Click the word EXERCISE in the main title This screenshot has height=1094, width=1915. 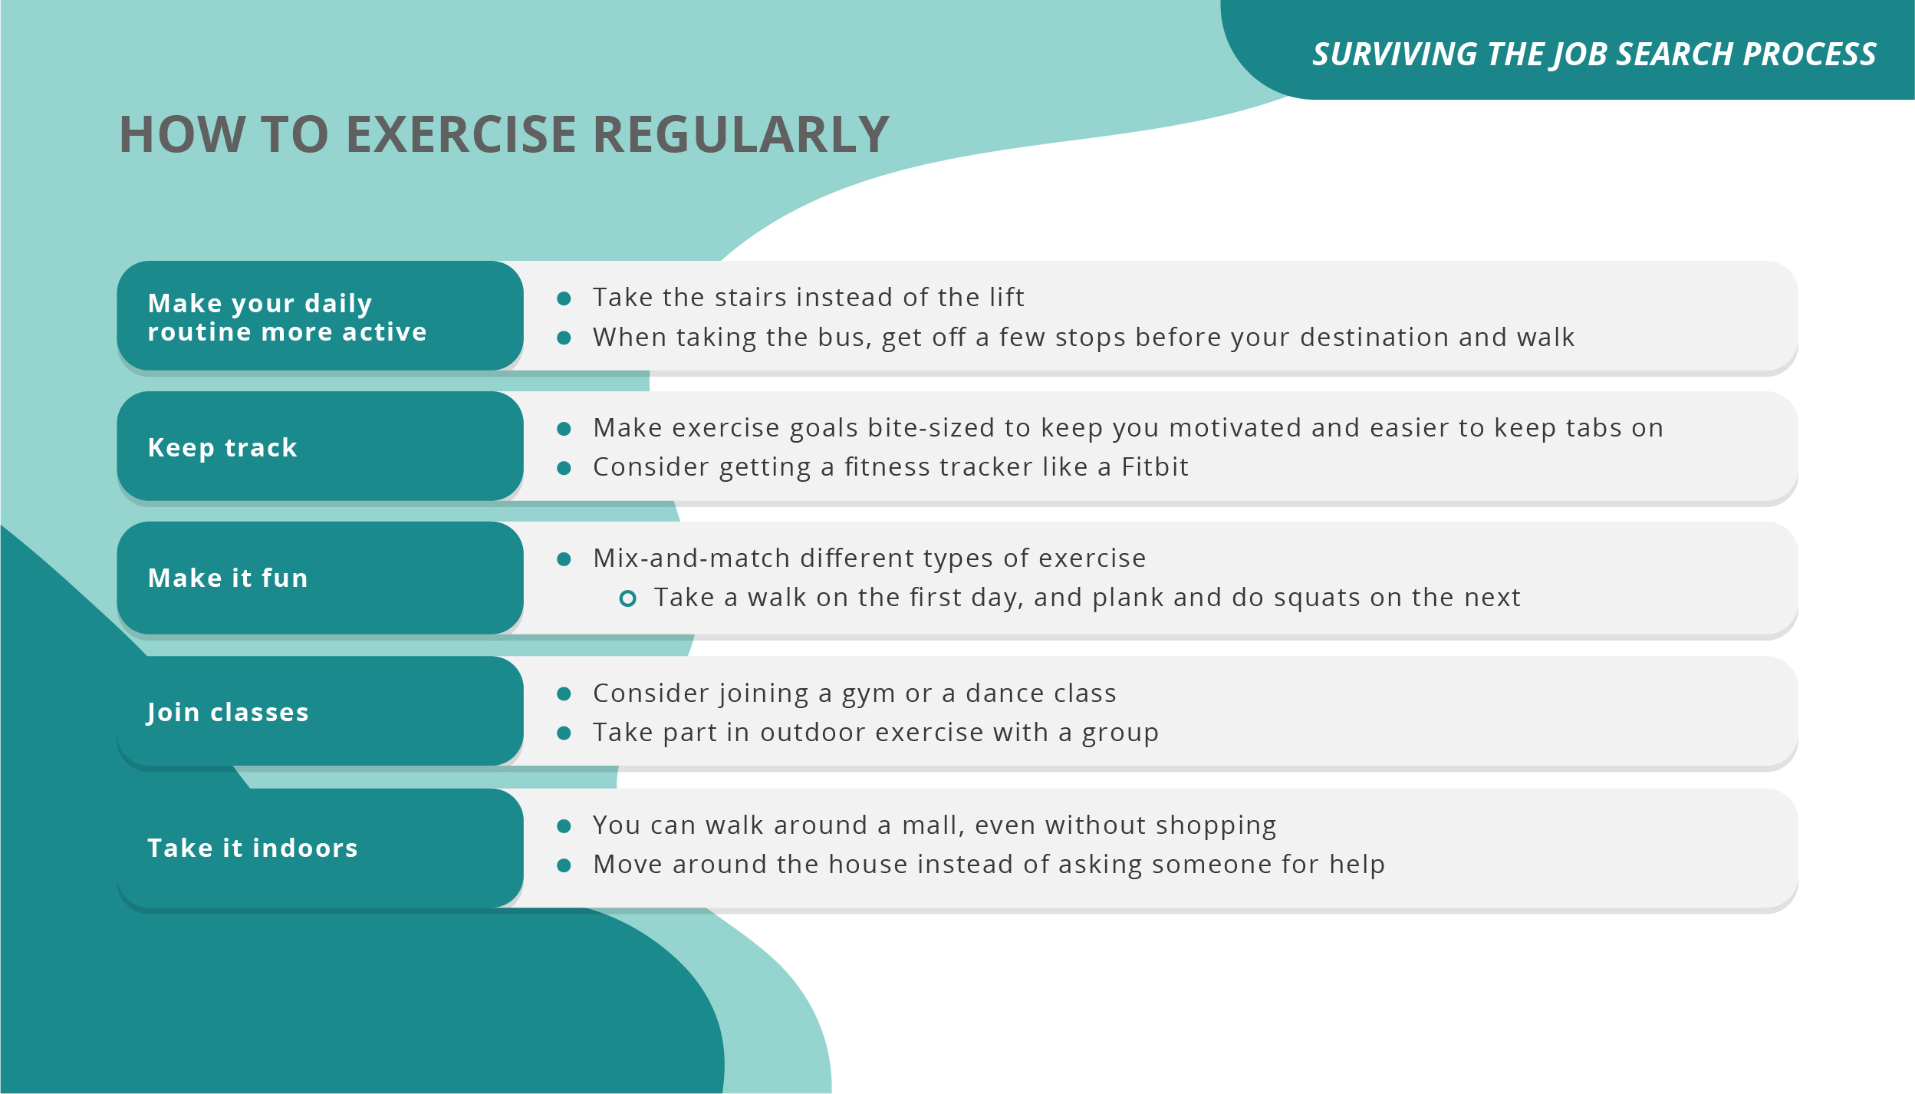[461, 135]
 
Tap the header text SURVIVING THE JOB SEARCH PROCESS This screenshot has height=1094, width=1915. [1594, 54]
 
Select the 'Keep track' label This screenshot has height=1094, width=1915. [222, 447]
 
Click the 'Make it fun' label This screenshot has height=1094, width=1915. [228, 578]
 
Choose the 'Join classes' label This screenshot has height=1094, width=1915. [228, 712]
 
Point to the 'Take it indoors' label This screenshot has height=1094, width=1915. [252, 848]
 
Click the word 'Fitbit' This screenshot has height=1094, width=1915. [1154, 466]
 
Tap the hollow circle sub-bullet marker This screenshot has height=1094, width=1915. [627, 598]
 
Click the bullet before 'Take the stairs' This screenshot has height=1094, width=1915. [564, 298]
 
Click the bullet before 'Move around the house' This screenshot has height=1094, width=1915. [564, 866]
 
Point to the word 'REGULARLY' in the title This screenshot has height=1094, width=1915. [741, 135]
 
